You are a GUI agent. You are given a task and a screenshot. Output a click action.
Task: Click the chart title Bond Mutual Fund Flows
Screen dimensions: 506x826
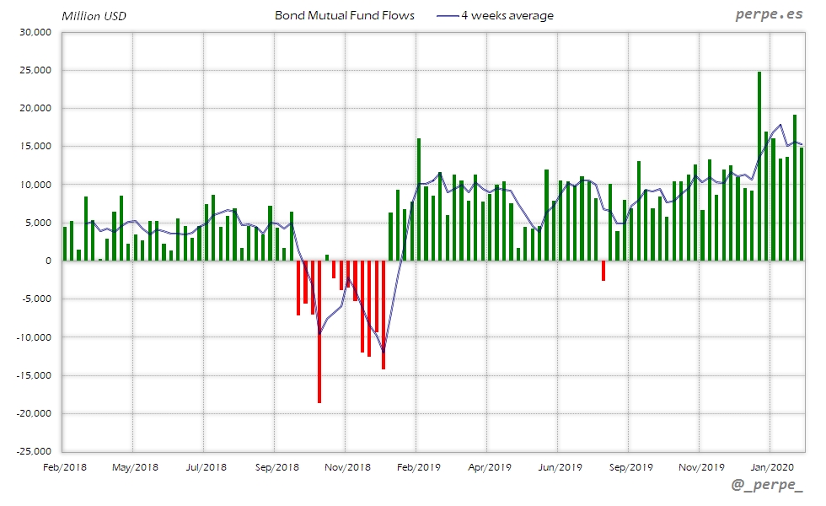[345, 15]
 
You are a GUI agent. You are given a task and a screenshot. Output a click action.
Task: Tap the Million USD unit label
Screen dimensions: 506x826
[94, 16]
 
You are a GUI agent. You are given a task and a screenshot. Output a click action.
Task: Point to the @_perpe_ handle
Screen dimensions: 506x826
[767, 487]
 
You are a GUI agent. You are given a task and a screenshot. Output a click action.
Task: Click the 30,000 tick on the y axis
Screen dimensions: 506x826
[35, 32]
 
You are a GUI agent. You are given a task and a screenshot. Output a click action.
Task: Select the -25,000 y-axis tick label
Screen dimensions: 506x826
[34, 451]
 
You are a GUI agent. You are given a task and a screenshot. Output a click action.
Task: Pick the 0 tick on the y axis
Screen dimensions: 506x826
[49, 261]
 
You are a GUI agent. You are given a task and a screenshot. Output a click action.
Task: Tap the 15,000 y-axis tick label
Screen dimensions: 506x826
[35, 147]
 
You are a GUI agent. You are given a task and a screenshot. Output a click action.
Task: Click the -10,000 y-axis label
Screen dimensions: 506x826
[34, 337]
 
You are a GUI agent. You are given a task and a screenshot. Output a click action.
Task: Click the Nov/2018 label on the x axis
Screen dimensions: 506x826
[347, 466]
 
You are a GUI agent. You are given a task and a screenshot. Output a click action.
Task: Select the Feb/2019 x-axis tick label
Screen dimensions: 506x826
[418, 466]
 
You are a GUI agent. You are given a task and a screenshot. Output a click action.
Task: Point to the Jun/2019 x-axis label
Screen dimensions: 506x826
[560, 466]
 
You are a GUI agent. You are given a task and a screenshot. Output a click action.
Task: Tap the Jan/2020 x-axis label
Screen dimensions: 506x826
[772, 466]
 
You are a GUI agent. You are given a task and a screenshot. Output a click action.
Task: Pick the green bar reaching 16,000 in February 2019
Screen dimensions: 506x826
[418, 199]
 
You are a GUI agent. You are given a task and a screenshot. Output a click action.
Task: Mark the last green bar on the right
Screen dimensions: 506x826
[802, 204]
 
